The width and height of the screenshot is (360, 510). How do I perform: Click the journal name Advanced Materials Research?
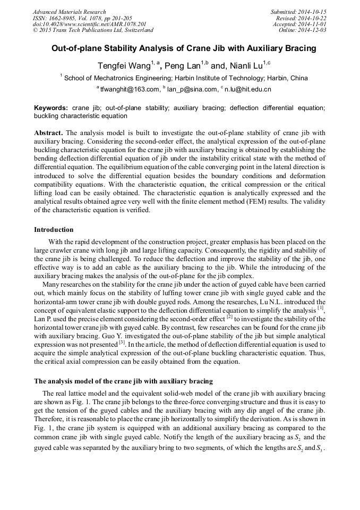[x=69, y=12]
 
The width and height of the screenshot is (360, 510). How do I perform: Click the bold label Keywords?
[x=51, y=108]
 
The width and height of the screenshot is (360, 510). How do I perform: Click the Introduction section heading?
[x=54, y=230]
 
